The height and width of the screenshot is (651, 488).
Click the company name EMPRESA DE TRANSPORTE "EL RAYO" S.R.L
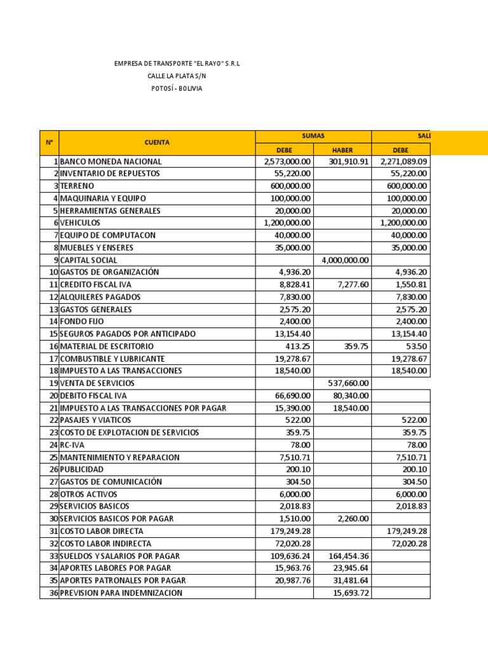pyautogui.click(x=177, y=64)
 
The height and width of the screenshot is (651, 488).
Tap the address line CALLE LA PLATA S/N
pyautogui.click(x=177, y=76)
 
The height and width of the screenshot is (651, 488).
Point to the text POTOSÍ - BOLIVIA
pyautogui.click(x=177, y=88)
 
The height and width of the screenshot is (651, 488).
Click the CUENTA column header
pyautogui.click(x=157, y=142)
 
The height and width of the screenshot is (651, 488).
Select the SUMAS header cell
pyautogui.click(x=313, y=136)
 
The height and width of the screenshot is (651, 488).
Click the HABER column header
pyautogui.click(x=342, y=149)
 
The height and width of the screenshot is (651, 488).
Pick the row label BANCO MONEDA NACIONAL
pyautogui.click(x=111, y=161)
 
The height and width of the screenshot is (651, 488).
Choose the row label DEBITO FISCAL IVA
pyautogui.click(x=93, y=395)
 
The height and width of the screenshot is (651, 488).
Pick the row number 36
pyautogui.click(x=53, y=593)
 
